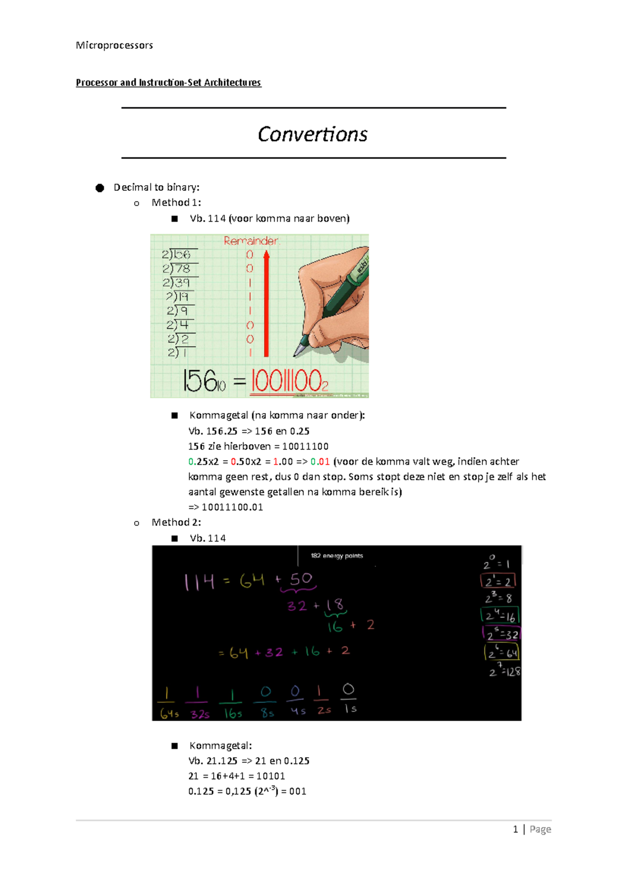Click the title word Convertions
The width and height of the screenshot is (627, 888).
pyautogui.click(x=312, y=134)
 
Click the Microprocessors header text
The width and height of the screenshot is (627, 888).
pyautogui.click(x=114, y=45)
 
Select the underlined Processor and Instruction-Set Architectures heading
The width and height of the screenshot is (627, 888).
pyautogui.click(x=168, y=83)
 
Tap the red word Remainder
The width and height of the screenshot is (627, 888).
pyautogui.click(x=251, y=241)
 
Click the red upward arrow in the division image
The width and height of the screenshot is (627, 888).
pyautogui.click(x=266, y=303)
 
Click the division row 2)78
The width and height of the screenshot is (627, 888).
pyautogui.click(x=177, y=269)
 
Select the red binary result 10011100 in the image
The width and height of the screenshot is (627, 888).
pyautogui.click(x=289, y=381)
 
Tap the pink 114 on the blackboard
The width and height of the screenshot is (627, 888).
pyautogui.click(x=199, y=582)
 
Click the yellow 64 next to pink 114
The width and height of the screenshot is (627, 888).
pyautogui.click(x=252, y=580)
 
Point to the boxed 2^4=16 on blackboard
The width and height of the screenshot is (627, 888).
pyautogui.click(x=499, y=616)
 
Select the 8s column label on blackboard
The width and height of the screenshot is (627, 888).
pyautogui.click(x=267, y=712)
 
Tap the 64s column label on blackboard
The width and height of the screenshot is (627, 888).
pyautogui.click(x=169, y=713)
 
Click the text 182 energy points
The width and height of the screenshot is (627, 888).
pyautogui.click(x=336, y=556)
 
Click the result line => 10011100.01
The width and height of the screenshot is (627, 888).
pyautogui.click(x=226, y=507)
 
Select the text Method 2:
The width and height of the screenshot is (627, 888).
pyautogui.click(x=176, y=522)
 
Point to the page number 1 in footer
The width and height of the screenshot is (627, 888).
pyautogui.click(x=515, y=829)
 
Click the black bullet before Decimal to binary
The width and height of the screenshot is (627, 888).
pyautogui.click(x=100, y=188)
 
